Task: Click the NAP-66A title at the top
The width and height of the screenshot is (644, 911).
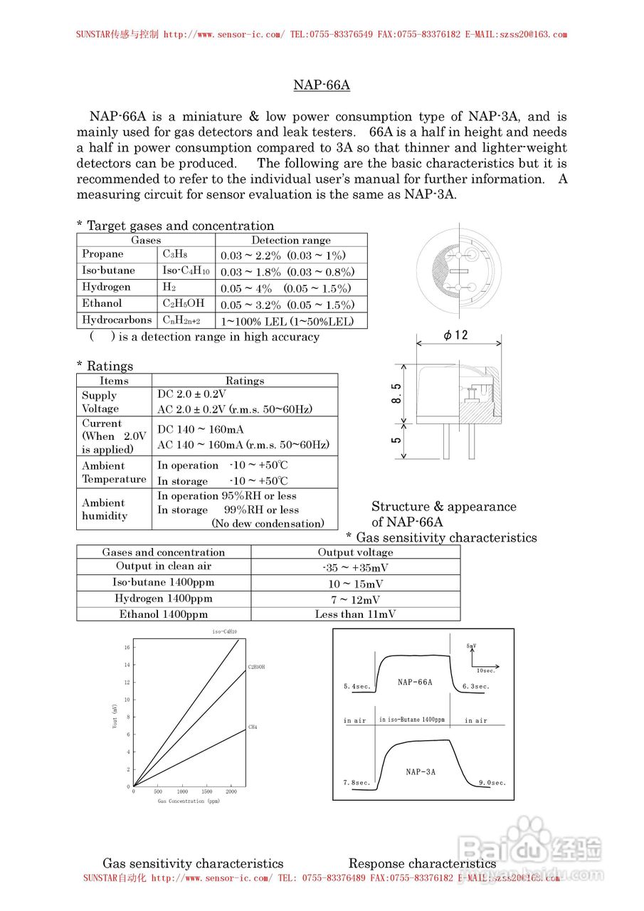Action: (322, 85)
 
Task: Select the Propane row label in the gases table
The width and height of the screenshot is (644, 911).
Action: (102, 254)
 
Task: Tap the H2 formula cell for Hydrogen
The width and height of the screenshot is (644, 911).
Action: (169, 287)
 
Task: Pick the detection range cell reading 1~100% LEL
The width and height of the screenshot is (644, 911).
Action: (287, 322)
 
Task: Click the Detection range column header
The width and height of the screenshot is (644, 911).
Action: (290, 241)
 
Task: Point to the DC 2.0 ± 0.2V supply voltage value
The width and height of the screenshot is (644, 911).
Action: (191, 394)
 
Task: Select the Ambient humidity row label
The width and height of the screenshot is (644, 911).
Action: (104, 509)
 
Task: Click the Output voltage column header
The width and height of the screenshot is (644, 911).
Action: (355, 552)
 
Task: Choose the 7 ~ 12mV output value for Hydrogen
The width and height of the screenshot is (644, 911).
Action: (355, 600)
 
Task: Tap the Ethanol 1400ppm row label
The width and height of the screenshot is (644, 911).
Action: (164, 614)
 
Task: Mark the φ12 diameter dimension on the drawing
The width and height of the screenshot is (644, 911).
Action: (455, 335)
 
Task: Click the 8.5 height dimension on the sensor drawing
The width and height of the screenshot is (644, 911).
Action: (396, 393)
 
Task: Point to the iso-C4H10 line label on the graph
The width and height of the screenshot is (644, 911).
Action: (224, 632)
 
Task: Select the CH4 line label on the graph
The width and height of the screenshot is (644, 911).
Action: (253, 727)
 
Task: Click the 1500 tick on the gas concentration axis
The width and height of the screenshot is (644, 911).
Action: (206, 791)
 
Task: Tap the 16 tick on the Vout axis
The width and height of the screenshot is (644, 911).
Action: (127, 648)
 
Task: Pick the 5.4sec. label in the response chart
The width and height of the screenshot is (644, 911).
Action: (357, 687)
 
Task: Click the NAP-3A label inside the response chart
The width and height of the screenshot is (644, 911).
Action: (421, 772)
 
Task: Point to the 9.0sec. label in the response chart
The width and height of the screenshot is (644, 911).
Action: (492, 783)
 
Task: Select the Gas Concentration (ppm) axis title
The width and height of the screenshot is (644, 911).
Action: (189, 801)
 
